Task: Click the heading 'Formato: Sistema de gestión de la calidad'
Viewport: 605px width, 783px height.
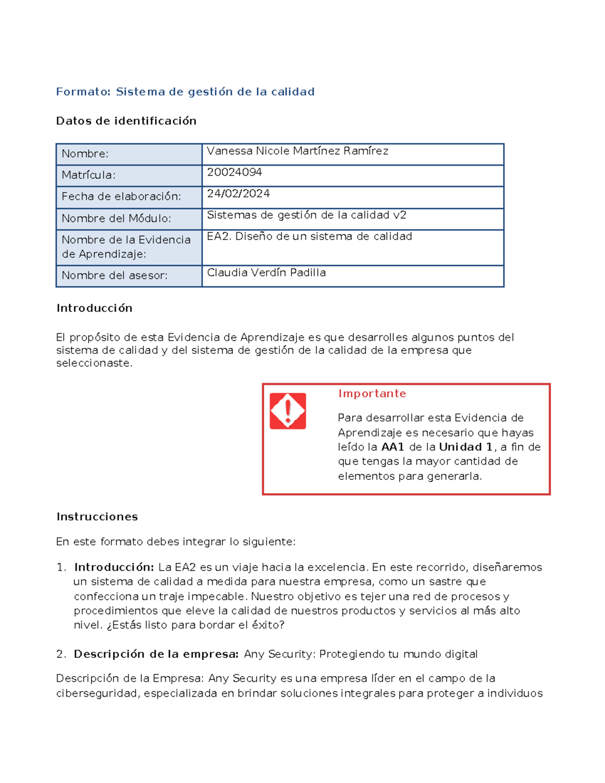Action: pos(185,92)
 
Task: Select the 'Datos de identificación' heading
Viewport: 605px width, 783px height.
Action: pos(126,121)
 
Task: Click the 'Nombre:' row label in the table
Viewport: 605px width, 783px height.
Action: pos(85,154)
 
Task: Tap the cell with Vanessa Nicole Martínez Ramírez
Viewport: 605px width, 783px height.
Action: pos(297,151)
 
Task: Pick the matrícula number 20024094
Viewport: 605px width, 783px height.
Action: pos(234,172)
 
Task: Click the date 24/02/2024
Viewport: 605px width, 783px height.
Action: pos(238,194)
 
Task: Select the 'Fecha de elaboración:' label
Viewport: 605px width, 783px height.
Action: pos(121,197)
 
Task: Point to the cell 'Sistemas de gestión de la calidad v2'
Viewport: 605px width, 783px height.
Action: pos(307,215)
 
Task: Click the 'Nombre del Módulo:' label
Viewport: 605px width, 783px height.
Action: pos(116,218)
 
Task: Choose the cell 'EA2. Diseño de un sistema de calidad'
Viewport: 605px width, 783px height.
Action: pos(310,236)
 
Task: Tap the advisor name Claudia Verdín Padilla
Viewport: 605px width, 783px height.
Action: pos(266,273)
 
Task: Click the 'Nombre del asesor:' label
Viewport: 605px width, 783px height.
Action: pos(114,276)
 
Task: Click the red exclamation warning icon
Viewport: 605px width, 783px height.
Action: pos(288,411)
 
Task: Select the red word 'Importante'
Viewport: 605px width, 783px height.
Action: pos(372,394)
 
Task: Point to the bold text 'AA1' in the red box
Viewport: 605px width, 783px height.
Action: pos(393,447)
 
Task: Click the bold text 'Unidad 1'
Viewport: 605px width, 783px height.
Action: pos(465,447)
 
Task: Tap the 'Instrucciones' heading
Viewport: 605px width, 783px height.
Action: pos(97,517)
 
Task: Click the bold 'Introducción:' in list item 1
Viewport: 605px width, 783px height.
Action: pos(114,567)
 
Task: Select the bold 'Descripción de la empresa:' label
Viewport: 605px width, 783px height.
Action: pos(156,654)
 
